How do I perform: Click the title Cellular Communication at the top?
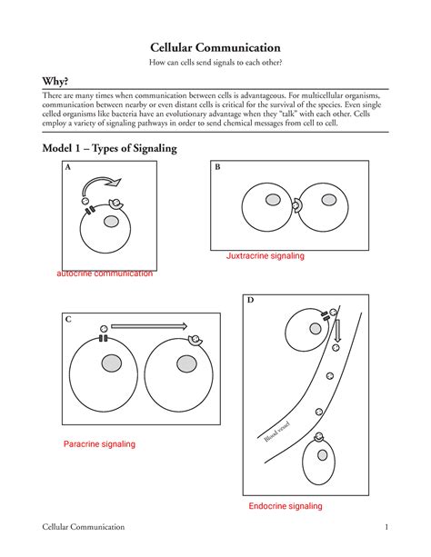[x=215, y=47]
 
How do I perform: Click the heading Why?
[x=55, y=82]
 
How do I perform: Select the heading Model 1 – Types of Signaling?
[x=109, y=148]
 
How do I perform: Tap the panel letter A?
[x=68, y=167]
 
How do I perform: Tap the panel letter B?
[x=217, y=167]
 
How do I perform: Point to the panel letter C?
[x=68, y=319]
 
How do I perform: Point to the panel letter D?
[x=250, y=300]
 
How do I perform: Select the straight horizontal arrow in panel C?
[x=149, y=326]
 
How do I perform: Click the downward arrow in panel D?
[x=337, y=331]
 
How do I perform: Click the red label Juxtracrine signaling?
[x=266, y=255]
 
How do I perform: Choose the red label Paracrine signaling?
[x=99, y=444]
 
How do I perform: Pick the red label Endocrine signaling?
[x=286, y=506]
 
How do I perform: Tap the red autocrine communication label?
[x=105, y=274]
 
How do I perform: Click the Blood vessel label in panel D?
[x=277, y=432]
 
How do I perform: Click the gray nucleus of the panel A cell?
[x=111, y=222]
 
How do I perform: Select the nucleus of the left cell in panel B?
[x=273, y=200]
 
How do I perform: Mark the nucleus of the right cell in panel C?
[x=186, y=364]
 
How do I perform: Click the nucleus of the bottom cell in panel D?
[x=322, y=455]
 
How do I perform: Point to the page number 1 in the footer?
[x=386, y=527]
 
